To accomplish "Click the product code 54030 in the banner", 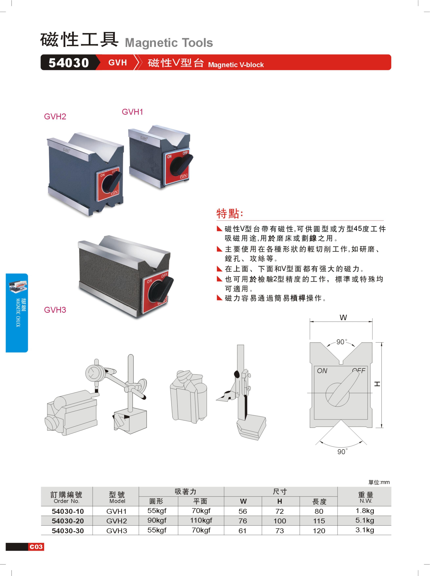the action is coord(69,63).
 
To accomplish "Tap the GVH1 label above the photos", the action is coord(132,112).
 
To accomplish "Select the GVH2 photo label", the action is coord(55,116).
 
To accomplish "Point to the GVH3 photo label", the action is coord(55,310).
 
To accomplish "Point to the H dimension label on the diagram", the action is coord(377,384).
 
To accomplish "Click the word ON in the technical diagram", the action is coord(322,371).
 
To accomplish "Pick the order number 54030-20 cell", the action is coord(68,521).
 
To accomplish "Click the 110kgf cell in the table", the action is coord(201,520).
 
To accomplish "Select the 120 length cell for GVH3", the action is coord(319,531).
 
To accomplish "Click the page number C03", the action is coord(36,547).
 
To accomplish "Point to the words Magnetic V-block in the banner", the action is coord(236,65).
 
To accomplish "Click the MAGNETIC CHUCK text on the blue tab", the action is coord(18,312).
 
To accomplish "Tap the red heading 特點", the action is coord(230,213).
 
